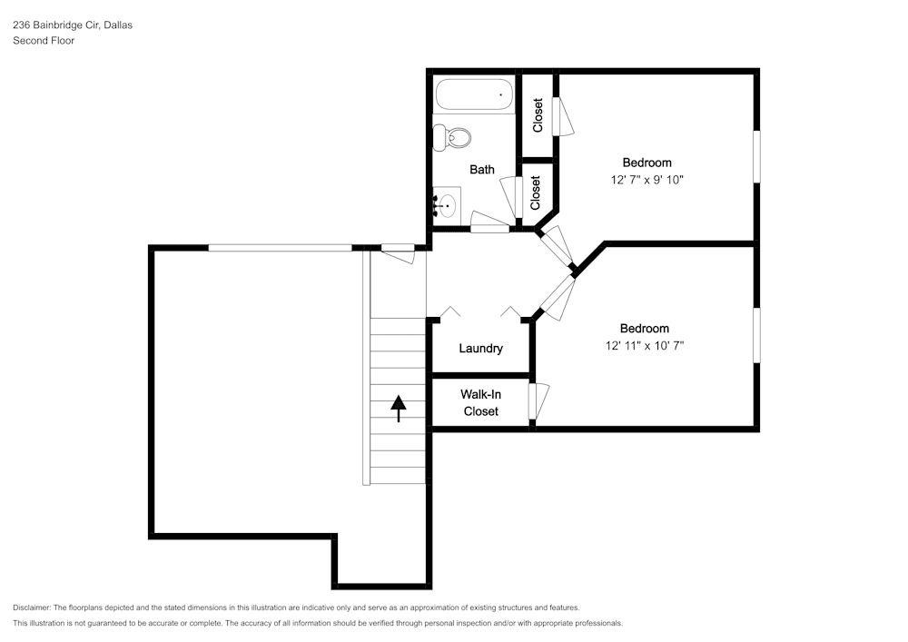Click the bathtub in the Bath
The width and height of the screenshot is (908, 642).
tap(474, 94)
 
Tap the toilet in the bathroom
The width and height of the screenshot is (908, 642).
tap(452, 138)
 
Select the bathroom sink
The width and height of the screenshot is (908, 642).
tap(447, 205)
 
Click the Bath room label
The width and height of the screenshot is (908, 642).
tap(482, 170)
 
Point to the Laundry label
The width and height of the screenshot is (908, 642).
tap(480, 349)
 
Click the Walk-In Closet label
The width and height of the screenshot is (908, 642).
tap(480, 403)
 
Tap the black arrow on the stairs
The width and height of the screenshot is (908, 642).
tap(399, 409)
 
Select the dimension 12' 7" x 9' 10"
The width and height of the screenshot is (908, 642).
tap(646, 180)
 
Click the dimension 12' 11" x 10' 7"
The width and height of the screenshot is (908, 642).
tap(645, 346)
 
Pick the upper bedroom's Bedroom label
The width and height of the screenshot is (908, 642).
tap(646, 163)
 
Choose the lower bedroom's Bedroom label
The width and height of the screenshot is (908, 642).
tap(645, 329)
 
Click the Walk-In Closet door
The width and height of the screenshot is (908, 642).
tap(538, 401)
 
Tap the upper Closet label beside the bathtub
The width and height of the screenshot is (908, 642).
tap(538, 115)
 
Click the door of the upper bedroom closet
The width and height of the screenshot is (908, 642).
tap(562, 116)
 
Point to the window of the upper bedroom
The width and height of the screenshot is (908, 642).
tap(756, 157)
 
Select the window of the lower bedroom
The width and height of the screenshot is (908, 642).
tap(756, 335)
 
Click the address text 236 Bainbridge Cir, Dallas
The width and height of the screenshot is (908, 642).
tap(73, 25)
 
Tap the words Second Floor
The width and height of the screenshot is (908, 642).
tap(44, 41)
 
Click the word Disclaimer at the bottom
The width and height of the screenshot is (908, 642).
tap(31, 607)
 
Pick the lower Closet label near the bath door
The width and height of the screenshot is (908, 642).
tap(535, 193)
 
